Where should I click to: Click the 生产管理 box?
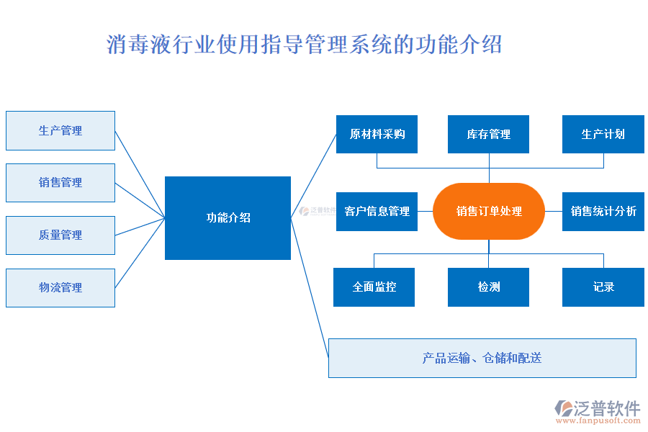pyautogui.click(x=60, y=130)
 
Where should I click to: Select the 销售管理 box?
pyautogui.click(x=60, y=183)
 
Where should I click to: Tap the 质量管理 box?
pyautogui.click(x=60, y=235)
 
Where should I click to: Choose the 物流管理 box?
pyautogui.click(x=60, y=288)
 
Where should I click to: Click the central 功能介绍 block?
pyautogui.click(x=228, y=218)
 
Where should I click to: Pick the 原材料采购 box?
pyautogui.click(x=377, y=135)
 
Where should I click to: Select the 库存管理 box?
pyautogui.click(x=488, y=135)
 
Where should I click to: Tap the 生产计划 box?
pyautogui.click(x=603, y=135)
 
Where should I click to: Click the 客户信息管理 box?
pyautogui.click(x=377, y=212)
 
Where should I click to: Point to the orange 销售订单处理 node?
pyautogui.click(x=489, y=212)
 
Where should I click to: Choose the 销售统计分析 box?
pyautogui.click(x=603, y=212)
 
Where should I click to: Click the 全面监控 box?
pyautogui.click(x=374, y=287)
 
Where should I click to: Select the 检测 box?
pyautogui.click(x=488, y=287)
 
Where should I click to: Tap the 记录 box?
pyautogui.click(x=603, y=287)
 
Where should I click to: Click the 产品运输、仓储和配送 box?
pyautogui.click(x=482, y=358)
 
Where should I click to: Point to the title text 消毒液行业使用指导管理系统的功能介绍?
pyautogui.click(x=304, y=45)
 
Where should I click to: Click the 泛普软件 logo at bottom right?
pyautogui.click(x=598, y=408)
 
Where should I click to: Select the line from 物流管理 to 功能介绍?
pyautogui.click(x=140, y=253)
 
